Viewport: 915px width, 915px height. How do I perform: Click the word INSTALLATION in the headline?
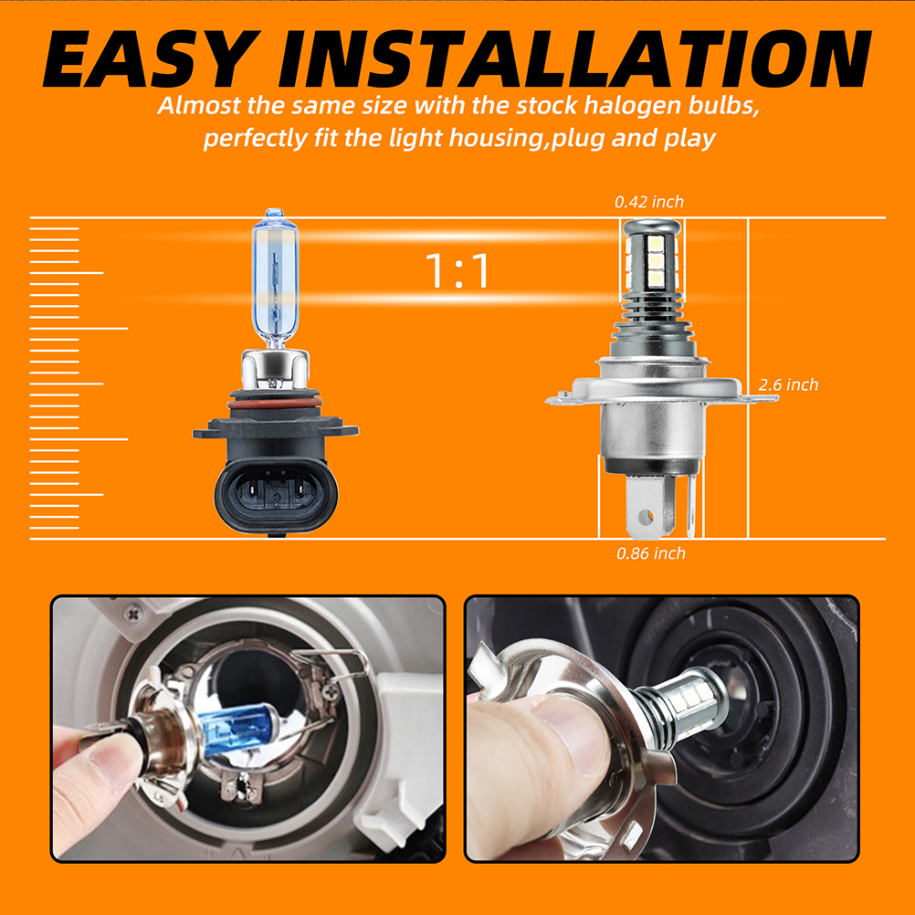click(574, 58)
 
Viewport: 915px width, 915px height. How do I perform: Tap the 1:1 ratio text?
click(457, 271)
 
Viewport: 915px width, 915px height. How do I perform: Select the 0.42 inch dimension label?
click(649, 202)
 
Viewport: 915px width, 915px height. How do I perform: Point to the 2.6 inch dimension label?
click(788, 384)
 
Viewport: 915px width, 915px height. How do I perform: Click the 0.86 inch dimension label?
click(651, 553)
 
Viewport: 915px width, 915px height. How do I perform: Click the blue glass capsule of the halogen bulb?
click(274, 278)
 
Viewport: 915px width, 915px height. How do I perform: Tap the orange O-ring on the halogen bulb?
click(274, 404)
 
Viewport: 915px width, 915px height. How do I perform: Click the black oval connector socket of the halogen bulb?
click(276, 495)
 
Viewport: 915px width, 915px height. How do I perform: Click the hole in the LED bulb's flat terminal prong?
click(645, 517)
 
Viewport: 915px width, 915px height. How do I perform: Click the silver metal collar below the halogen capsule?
click(275, 368)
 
